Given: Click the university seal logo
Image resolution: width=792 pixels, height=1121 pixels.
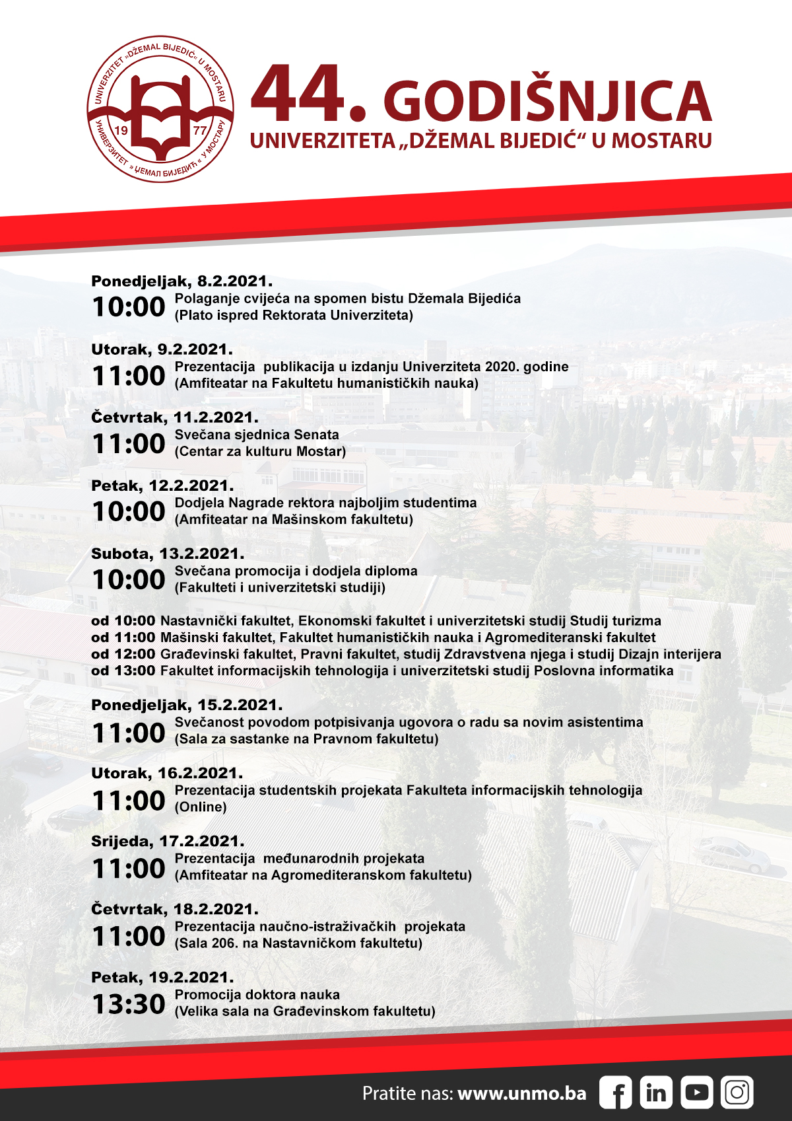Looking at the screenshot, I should pyautogui.click(x=160, y=109).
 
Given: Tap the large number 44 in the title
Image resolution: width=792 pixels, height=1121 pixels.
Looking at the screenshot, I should pyautogui.click(x=299, y=94).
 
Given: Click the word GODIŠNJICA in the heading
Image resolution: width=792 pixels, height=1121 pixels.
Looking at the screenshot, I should pyautogui.click(x=547, y=102).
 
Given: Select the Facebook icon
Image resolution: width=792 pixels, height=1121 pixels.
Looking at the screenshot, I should pyautogui.click(x=615, y=1093).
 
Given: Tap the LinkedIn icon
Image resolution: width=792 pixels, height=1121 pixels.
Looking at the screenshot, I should pyautogui.click(x=655, y=1093).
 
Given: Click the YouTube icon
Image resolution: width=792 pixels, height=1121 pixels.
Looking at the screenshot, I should pyautogui.click(x=696, y=1093).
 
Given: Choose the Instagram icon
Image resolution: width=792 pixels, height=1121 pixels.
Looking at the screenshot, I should pyautogui.click(x=737, y=1093).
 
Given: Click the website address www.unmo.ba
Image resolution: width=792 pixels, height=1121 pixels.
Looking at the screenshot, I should pyautogui.click(x=521, y=1093).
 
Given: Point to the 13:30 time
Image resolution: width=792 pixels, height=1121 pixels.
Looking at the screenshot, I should pyautogui.click(x=128, y=1004).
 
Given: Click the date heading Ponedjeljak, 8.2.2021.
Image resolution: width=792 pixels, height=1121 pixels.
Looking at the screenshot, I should pyautogui.click(x=181, y=281).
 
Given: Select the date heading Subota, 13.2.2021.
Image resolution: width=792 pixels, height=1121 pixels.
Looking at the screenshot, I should pyautogui.click(x=168, y=554).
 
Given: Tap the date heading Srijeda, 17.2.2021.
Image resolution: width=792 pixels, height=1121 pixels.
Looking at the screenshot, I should pyautogui.click(x=168, y=841).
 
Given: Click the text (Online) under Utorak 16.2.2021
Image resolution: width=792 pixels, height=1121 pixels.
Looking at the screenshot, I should pyautogui.click(x=201, y=807).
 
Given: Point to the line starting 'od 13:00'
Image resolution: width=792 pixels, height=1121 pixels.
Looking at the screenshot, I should pyautogui.click(x=382, y=670).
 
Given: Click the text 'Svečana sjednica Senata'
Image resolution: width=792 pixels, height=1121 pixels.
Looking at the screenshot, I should pyautogui.click(x=257, y=435).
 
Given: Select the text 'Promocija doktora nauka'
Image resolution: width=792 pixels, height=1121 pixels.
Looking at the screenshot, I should pyautogui.click(x=257, y=994).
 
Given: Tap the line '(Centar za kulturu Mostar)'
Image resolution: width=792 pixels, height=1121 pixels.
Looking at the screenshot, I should pyautogui.click(x=260, y=451).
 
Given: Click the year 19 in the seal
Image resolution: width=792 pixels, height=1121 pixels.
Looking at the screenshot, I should pyautogui.click(x=121, y=130).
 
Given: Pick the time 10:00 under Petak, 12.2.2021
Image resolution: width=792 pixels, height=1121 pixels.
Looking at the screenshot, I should pyautogui.click(x=128, y=511).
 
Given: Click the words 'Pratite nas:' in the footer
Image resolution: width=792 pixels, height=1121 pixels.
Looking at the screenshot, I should pyautogui.click(x=407, y=1093).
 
